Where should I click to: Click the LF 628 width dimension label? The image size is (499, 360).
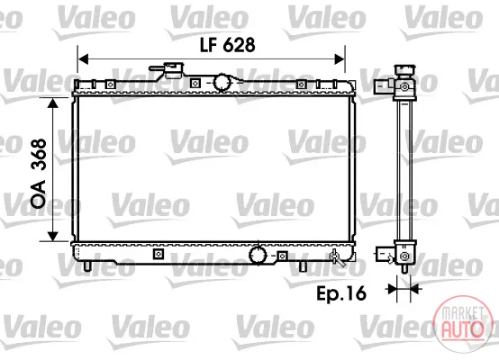coord(228,45)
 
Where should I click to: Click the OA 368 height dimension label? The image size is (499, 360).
coord(39,174)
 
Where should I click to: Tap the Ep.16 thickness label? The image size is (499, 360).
coord(341,293)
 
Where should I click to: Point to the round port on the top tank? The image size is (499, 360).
coord(222,83)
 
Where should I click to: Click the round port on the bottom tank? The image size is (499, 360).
coord(258,255)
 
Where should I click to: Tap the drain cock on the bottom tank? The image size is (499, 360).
coord(336,258)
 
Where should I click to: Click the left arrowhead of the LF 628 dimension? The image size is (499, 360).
coord(83,59)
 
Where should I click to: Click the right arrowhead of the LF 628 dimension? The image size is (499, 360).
coord(340,59)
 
